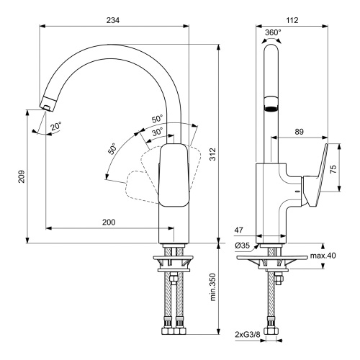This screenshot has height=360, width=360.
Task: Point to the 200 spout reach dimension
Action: coord(108,222)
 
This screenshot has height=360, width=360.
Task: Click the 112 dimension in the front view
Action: coord(290,22)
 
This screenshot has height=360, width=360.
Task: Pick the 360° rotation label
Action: coord(274,33)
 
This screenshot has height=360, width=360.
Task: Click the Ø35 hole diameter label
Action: coord(243,245)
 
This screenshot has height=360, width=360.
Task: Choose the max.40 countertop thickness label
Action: coord(323,256)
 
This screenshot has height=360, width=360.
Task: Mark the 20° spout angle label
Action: coord(55,126)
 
